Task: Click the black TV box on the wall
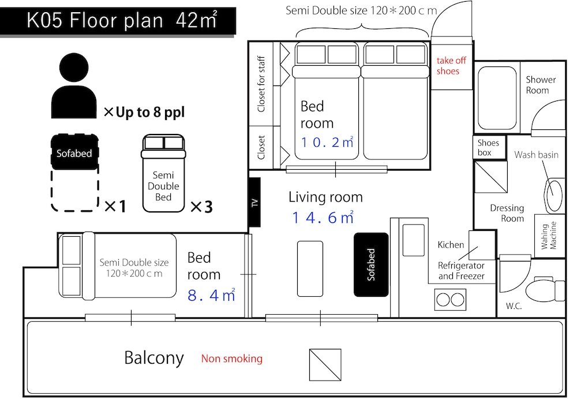(254, 202)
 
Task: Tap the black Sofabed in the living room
(371, 264)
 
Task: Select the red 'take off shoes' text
(451, 66)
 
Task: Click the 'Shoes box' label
(488, 147)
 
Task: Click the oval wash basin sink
(553, 195)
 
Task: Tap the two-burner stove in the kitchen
(450, 300)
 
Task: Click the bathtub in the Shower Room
(497, 98)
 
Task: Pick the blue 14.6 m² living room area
(323, 217)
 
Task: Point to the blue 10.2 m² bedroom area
(327, 142)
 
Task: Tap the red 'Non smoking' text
(232, 359)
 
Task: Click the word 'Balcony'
(154, 358)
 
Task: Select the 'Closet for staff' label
(261, 84)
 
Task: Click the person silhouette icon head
(74, 68)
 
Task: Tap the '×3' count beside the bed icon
(201, 207)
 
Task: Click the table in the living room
(310, 269)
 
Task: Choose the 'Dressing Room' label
(507, 213)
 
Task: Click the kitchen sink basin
(414, 240)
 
